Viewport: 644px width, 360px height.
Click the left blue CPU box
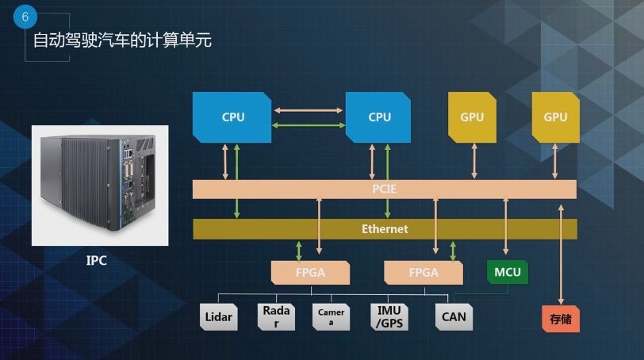232,117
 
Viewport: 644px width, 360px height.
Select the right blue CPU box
379,117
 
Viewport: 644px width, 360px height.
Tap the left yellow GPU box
471,117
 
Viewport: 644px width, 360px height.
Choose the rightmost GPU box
555,117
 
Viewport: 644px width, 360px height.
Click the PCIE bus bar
385,190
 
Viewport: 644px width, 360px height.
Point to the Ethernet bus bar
385,229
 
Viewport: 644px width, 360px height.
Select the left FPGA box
310,272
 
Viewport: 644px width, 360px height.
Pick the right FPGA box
423,272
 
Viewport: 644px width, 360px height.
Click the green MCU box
507,272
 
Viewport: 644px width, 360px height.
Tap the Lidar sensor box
218,317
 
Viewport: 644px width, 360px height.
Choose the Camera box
331,317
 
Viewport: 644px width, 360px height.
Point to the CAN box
454,317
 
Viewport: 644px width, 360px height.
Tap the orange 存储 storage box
560,319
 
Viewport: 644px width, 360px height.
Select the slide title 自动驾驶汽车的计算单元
122,40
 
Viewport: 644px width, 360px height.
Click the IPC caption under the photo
96,260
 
